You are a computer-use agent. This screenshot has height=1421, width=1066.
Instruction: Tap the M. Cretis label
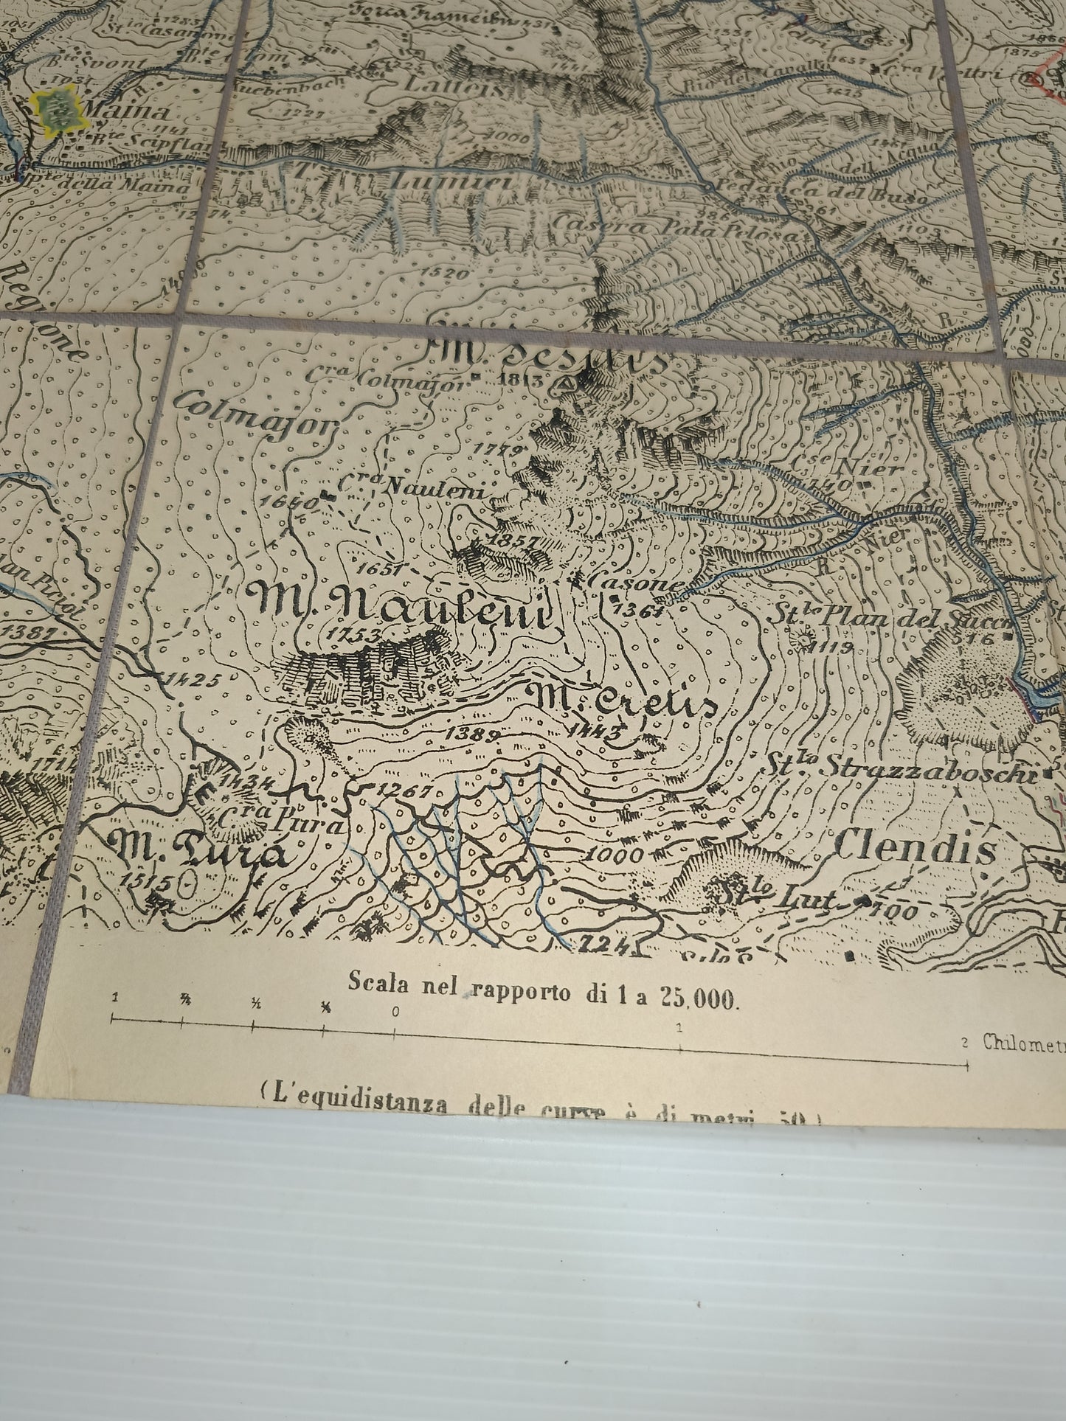pyautogui.click(x=623, y=699)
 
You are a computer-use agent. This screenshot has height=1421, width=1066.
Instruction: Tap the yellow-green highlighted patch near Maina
pyautogui.click(x=55, y=109)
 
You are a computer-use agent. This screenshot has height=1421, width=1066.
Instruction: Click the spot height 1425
pyautogui.click(x=194, y=679)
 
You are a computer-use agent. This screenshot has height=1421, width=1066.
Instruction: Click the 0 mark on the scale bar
pyautogui.click(x=395, y=1011)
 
